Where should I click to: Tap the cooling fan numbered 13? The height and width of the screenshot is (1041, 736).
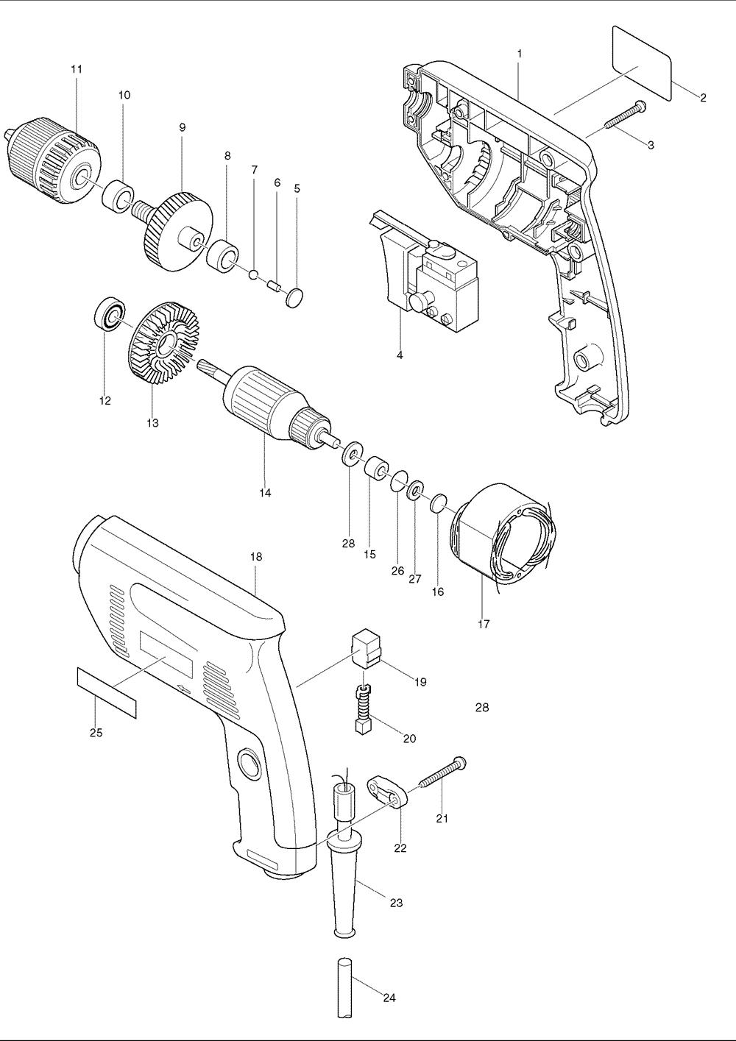[x=163, y=344]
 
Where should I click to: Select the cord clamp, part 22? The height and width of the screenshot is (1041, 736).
[x=387, y=792]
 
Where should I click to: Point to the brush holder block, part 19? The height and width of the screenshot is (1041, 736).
[x=367, y=648]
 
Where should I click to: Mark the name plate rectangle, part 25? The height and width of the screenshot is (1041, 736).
[x=107, y=693]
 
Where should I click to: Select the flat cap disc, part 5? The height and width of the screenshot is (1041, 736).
[x=294, y=297]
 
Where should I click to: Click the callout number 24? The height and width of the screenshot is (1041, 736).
[x=389, y=998]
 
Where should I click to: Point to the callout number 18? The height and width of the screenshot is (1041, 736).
[x=256, y=557]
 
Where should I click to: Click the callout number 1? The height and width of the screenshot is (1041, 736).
[x=520, y=54]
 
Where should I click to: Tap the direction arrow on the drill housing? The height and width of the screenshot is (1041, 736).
[x=185, y=689]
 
